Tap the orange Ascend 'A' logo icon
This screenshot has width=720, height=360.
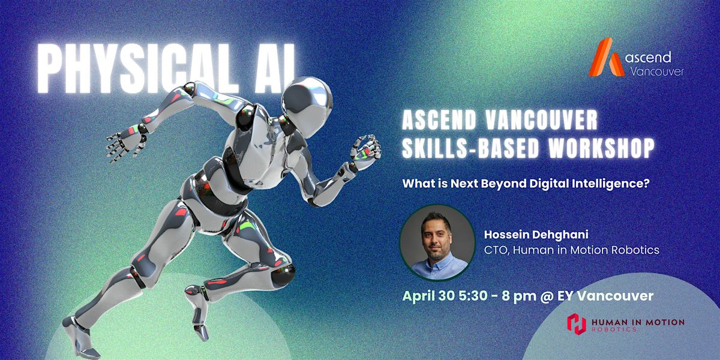[607, 58]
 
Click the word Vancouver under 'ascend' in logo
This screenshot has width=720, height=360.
[657, 71]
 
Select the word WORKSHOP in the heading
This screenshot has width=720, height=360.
[601, 148]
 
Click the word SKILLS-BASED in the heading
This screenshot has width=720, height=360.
[471, 148]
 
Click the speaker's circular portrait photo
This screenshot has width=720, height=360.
[437, 242]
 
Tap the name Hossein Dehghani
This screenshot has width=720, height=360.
[536, 235]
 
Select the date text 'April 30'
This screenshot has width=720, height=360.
[429, 296]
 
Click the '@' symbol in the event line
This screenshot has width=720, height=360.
[546, 296]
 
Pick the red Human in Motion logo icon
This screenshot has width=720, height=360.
[577, 324]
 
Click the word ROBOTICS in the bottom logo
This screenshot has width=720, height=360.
[614, 329]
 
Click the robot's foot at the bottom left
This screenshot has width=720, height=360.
[80, 337]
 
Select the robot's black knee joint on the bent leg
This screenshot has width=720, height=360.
[283, 275]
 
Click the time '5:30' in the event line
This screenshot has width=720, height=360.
[473, 296]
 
